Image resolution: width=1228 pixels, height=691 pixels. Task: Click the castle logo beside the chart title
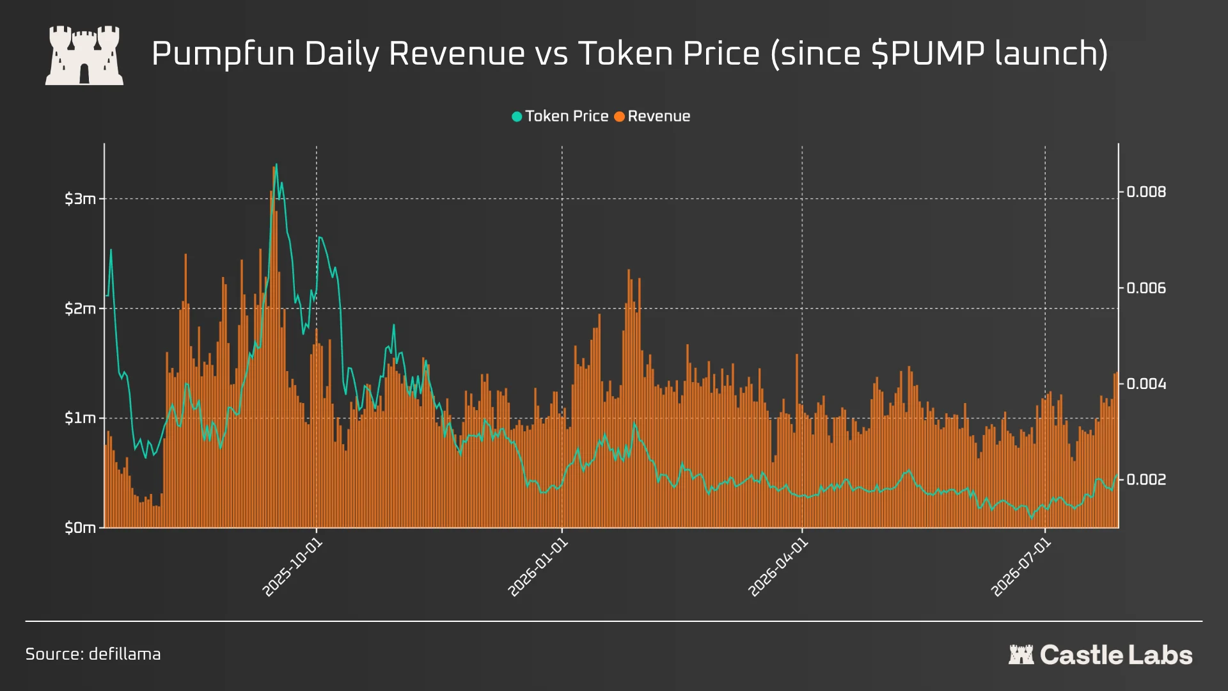pyautogui.click(x=84, y=55)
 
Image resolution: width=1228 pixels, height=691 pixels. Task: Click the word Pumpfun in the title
pyautogui.click(x=223, y=54)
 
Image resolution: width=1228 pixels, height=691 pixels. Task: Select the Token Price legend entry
pyautogui.click(x=560, y=116)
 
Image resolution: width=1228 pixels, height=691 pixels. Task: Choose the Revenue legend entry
pyautogui.click(x=652, y=116)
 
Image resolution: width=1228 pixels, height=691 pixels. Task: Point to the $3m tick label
pyautogui.click(x=80, y=199)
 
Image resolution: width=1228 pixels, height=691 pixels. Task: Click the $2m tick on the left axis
pyautogui.click(x=80, y=309)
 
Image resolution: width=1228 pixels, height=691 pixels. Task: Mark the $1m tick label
pyautogui.click(x=80, y=418)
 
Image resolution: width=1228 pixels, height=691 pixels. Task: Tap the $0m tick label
pyautogui.click(x=80, y=528)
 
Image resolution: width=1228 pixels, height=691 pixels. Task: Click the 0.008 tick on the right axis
pyautogui.click(x=1146, y=192)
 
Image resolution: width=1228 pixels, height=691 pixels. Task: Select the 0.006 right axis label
pyautogui.click(x=1146, y=288)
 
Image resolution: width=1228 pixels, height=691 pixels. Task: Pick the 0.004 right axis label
pyautogui.click(x=1146, y=384)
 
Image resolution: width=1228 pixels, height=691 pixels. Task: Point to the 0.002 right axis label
pyautogui.click(x=1146, y=480)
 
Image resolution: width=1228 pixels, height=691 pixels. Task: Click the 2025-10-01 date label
pyautogui.click(x=293, y=568)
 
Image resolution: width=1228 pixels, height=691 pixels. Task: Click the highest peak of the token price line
pyautogui.click(x=276, y=164)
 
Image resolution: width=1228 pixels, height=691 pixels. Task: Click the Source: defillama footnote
pyautogui.click(x=93, y=654)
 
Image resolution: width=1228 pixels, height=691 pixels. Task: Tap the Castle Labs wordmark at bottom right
pyautogui.click(x=1101, y=655)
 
